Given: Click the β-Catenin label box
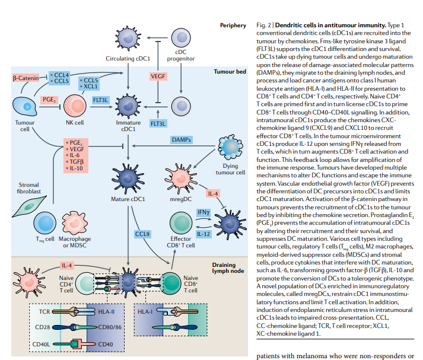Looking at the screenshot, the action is [x=26, y=78].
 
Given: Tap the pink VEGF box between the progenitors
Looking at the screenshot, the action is [x=158, y=77].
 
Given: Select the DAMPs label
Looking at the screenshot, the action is [x=182, y=140].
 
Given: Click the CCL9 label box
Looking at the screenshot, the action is [x=142, y=234].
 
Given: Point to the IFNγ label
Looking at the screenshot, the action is [x=203, y=212].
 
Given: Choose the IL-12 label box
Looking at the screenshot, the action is [x=203, y=234].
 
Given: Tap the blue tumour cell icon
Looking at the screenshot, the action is [x=24, y=107].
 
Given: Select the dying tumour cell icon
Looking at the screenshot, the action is [x=230, y=148].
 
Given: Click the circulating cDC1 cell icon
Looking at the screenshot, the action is [x=128, y=39].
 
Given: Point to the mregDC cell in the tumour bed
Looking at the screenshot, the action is [x=180, y=179].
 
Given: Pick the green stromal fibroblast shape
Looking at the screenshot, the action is [x=29, y=206].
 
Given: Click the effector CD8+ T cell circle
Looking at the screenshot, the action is [x=181, y=223].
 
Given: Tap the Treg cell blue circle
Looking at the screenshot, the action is [x=45, y=223].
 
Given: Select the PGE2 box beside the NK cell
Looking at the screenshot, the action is [x=49, y=100].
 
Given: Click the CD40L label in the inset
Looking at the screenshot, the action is [x=41, y=345].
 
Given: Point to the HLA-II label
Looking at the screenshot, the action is [x=106, y=312].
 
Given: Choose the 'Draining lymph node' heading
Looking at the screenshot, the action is [x=228, y=267].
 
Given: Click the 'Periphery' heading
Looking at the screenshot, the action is [x=233, y=26].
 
